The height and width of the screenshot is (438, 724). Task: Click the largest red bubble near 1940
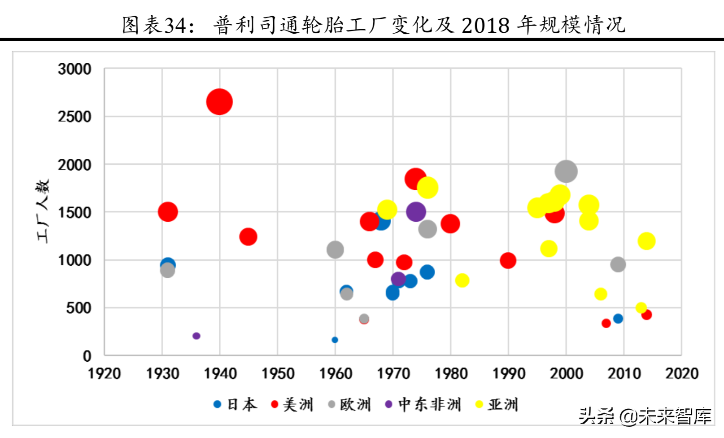click(219, 102)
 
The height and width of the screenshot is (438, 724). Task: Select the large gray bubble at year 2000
click(566, 171)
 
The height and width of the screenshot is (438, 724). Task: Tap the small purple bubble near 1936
click(196, 336)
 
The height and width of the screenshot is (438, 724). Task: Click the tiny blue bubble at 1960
click(335, 340)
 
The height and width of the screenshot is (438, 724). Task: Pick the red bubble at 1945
click(248, 237)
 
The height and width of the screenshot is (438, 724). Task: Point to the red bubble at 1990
click(508, 260)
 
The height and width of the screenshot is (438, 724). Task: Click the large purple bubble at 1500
click(416, 212)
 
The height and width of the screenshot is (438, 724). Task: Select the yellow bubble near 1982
click(462, 280)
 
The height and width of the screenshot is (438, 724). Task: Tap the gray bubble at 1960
click(335, 250)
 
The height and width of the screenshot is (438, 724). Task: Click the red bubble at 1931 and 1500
click(168, 212)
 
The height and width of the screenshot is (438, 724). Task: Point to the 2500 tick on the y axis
click(74, 117)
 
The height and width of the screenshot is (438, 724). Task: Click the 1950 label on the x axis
click(278, 373)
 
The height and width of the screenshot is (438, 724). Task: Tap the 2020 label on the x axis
click(681, 373)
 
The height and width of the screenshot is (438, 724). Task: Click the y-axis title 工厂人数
click(43, 211)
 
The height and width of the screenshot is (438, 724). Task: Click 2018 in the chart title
click(485, 25)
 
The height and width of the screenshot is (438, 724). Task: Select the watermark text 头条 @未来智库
click(645, 416)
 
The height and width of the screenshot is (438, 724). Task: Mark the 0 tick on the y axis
click(87, 356)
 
